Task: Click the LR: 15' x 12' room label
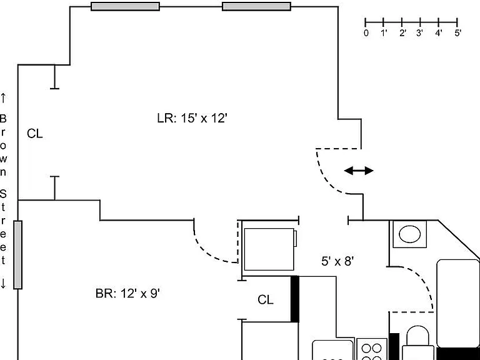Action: point(192,118)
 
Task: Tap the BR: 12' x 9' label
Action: point(127,294)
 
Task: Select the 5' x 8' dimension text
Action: point(337,261)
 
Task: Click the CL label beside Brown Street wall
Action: point(35,134)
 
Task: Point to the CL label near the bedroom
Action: point(266,300)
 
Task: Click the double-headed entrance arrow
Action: point(359,171)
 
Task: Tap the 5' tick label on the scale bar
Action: point(458,33)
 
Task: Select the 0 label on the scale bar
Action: point(366,33)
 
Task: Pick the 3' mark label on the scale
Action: point(420,33)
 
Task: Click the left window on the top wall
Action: point(126,6)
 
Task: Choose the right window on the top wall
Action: point(256,6)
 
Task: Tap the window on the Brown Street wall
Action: point(17,255)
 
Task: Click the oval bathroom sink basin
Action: point(410,234)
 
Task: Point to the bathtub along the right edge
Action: point(458,304)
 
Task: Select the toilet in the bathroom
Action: point(418,343)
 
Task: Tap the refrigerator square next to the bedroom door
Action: point(269,249)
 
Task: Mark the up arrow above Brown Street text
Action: point(3,98)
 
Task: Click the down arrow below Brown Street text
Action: point(3,283)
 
